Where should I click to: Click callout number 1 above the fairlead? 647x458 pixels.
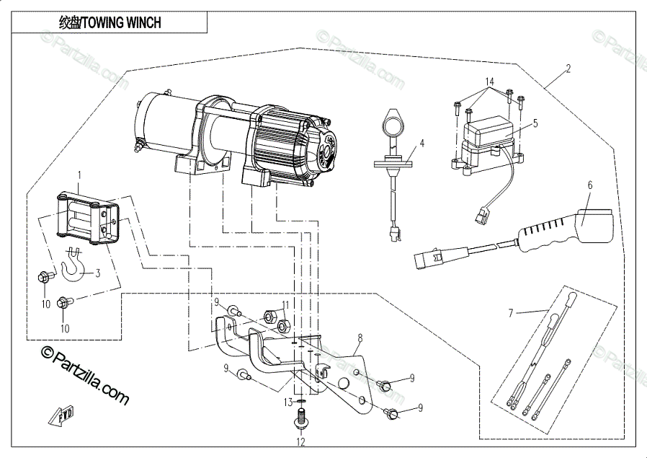(x=79, y=175)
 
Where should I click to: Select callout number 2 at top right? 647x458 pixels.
(x=568, y=69)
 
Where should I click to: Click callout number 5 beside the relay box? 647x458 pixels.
(x=535, y=123)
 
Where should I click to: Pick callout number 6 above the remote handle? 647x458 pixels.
(x=589, y=185)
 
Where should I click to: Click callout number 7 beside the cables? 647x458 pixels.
(x=511, y=313)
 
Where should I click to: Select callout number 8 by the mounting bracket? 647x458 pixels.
(x=360, y=337)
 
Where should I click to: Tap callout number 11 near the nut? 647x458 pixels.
(x=285, y=305)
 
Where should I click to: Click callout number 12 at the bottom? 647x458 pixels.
(x=300, y=441)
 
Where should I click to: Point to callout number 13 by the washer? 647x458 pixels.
(x=286, y=402)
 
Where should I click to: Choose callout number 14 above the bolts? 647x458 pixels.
(x=490, y=82)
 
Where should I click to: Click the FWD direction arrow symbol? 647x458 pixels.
(x=59, y=415)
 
